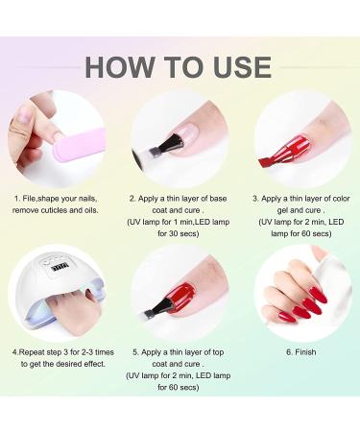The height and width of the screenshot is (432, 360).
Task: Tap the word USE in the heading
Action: coord(242,67)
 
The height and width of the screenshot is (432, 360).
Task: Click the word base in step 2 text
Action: coord(218,199)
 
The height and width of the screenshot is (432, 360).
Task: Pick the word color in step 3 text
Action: coord(341,199)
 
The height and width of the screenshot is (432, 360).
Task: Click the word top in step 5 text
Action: coord(218,352)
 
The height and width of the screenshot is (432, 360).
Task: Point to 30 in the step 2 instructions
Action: coord(173,233)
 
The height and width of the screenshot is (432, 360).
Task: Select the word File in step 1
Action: coord(29,199)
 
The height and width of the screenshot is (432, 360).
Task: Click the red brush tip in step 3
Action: coord(265,162)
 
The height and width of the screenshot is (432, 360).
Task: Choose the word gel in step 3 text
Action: coord(282,210)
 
